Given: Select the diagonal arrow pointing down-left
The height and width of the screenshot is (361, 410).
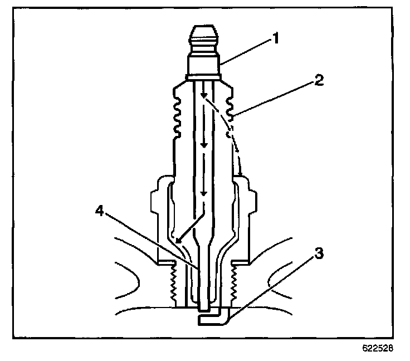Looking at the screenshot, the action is (187, 228).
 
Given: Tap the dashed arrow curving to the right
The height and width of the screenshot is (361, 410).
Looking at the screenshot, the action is (230, 131).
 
